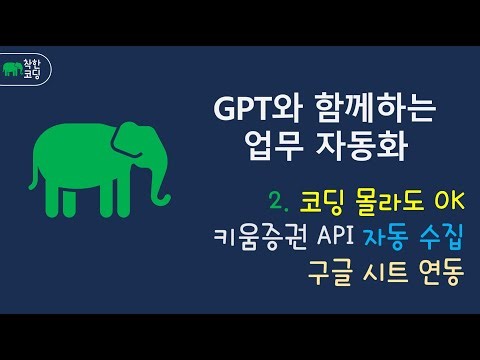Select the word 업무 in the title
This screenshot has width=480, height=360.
point(275,150)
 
